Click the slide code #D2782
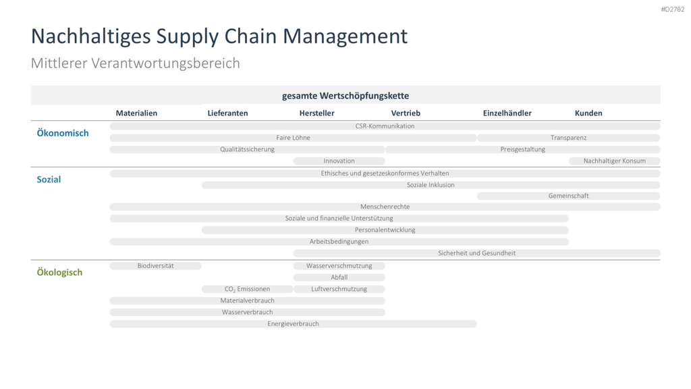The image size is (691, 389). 673,9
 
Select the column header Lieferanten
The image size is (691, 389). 227,113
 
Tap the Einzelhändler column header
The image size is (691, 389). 507,113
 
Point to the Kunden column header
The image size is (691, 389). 588,113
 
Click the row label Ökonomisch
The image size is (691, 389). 63,133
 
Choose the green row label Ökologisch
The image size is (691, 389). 59,272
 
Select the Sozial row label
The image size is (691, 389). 49,180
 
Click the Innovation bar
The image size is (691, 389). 339,161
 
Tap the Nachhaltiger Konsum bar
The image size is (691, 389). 614,161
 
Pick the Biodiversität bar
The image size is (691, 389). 156,266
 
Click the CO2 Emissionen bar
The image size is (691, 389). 247,289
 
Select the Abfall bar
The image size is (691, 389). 339,278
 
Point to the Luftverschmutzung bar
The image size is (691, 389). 339,289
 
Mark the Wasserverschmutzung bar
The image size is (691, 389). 339,266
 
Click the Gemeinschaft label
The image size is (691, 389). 568,196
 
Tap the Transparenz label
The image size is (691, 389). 568,138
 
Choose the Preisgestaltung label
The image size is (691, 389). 523,149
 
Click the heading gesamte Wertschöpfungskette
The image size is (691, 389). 345,96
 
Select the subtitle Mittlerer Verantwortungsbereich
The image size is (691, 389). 135,63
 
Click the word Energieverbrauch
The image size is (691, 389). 293,323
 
